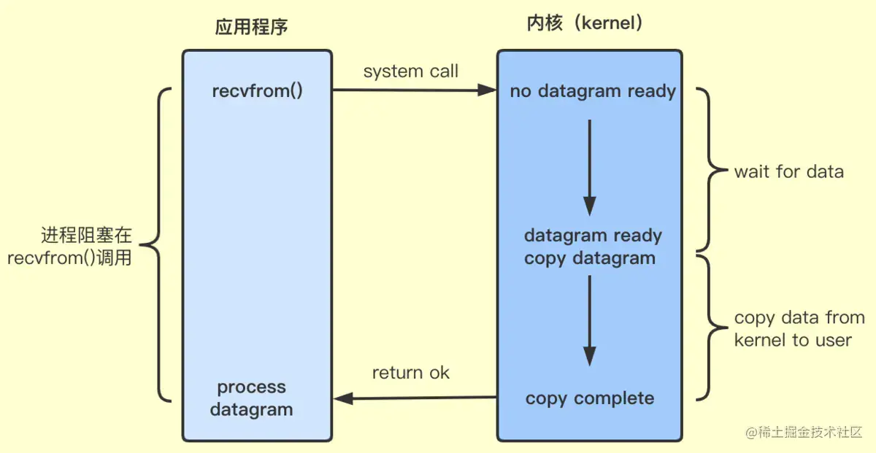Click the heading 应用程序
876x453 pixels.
click(x=251, y=28)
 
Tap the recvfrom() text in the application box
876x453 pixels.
click(x=257, y=91)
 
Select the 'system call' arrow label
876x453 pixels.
click(x=411, y=71)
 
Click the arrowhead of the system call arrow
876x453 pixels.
click(x=488, y=90)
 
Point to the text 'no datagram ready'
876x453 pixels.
click(x=593, y=91)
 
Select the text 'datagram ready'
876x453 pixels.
click(x=593, y=236)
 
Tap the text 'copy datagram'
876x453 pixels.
click(x=590, y=258)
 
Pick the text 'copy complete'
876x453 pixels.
click(x=590, y=398)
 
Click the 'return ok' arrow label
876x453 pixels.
click(x=411, y=373)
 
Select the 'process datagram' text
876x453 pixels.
click(x=252, y=398)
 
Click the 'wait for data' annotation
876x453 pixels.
click(x=788, y=172)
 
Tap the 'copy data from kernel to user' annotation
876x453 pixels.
click(x=799, y=329)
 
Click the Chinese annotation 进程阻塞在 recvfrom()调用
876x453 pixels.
click(x=73, y=247)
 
